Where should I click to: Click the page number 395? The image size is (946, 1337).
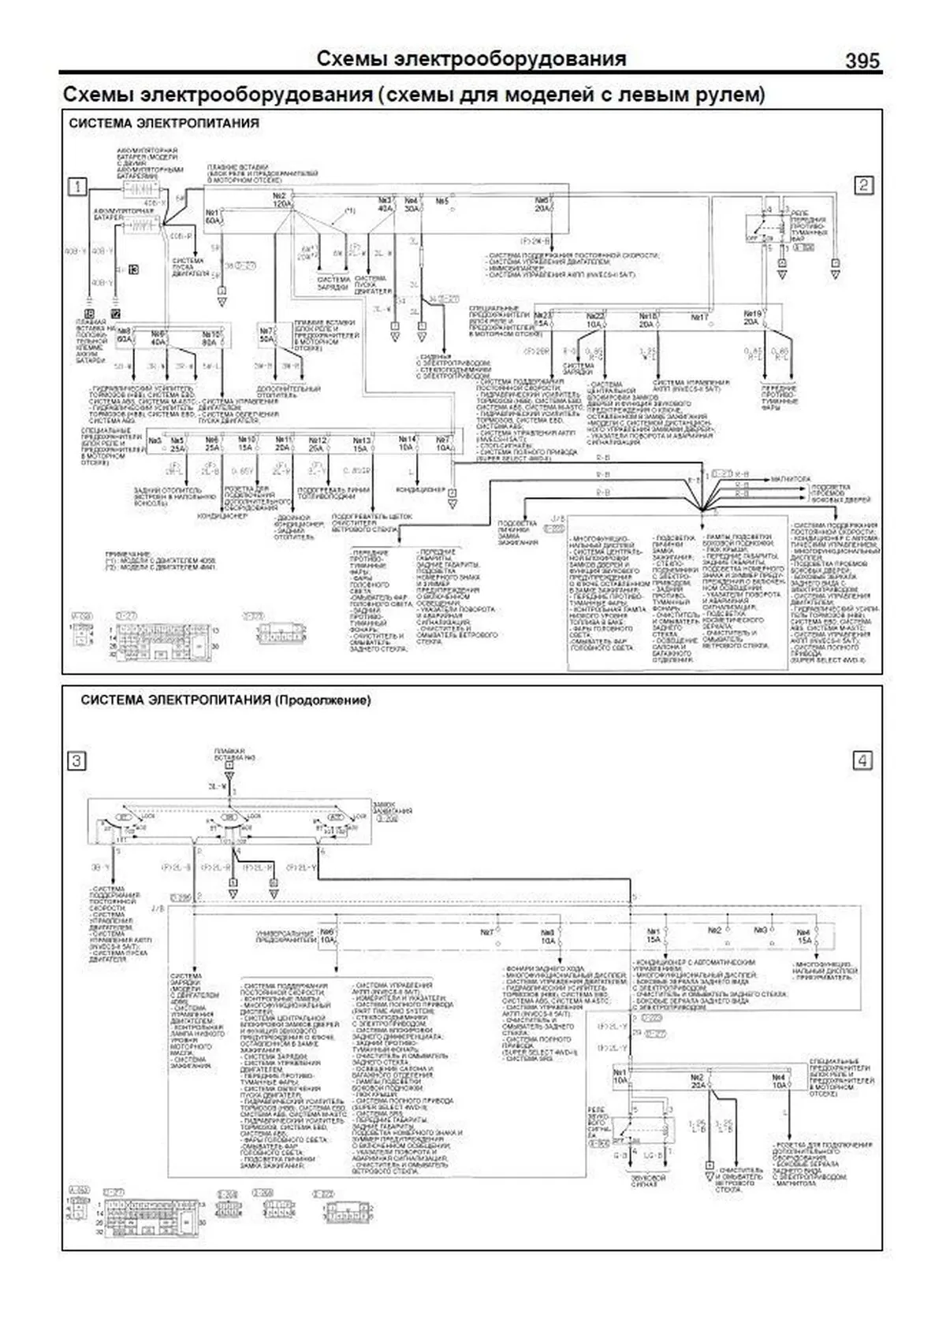tap(862, 61)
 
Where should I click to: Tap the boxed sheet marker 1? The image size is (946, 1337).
tap(77, 186)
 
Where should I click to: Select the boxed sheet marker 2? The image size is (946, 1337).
tap(863, 185)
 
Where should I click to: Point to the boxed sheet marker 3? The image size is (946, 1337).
tap(77, 760)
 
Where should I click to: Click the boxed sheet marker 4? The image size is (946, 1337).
tap(863, 760)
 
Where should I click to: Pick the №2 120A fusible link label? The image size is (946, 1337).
tap(281, 200)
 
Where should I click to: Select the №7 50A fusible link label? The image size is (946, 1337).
tap(267, 334)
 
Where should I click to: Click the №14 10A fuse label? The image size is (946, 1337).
tap(407, 443)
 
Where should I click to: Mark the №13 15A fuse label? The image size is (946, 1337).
tap(361, 444)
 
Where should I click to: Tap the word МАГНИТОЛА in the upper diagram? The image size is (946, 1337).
tap(791, 478)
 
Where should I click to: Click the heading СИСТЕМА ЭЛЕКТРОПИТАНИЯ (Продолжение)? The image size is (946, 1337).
tap(225, 700)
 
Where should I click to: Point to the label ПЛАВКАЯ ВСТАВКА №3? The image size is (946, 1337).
tap(229, 754)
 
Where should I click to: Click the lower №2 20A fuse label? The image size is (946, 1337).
tap(697, 1080)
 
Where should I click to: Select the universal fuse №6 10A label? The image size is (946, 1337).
tap(327, 935)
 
